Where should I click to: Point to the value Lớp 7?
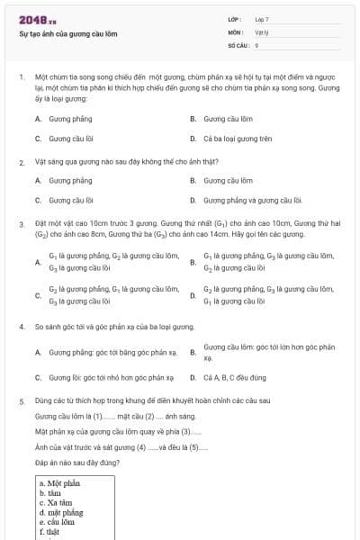262,19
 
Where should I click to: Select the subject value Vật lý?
260,31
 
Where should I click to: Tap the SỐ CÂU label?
238,44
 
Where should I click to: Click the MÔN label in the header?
236,31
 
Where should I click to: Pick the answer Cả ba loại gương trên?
233,139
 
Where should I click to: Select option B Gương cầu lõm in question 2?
228,180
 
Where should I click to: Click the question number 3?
21,222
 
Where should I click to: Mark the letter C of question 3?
38,295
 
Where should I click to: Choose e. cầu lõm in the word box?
57,521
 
